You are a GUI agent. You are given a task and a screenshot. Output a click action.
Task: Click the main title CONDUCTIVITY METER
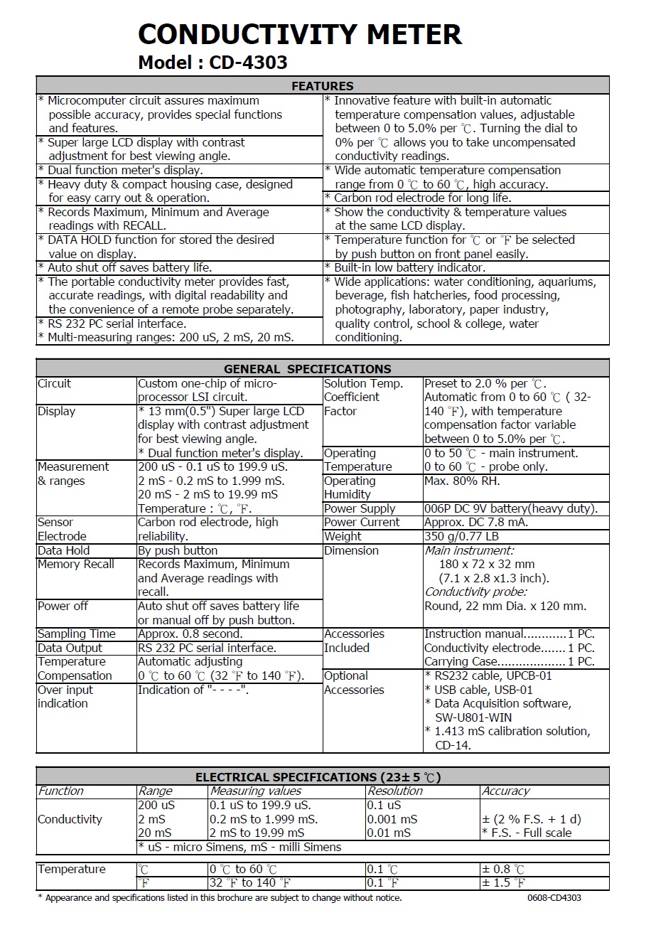pos(299,34)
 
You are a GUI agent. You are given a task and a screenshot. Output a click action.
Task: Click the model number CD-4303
pos(248,63)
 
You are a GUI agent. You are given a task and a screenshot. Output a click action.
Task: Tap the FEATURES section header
pos(323,86)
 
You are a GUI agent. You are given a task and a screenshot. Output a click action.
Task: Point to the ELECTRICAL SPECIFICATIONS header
pos(323,777)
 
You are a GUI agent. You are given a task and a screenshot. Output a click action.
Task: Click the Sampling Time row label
pos(76,634)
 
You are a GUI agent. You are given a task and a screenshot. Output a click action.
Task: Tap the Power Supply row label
pos(360,508)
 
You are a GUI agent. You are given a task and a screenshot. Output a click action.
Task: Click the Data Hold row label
pos(63,550)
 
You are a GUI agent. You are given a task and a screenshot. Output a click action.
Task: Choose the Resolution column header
pos(394,791)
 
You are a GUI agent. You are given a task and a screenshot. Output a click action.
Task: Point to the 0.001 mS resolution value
pos(392,819)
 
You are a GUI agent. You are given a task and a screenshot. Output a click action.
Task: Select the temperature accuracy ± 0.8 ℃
pos(503,869)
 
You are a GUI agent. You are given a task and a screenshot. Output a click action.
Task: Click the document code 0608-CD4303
pos(554,898)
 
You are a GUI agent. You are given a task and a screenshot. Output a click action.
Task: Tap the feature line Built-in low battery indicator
pos(409,267)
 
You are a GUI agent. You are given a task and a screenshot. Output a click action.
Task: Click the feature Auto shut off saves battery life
pos(129,267)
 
